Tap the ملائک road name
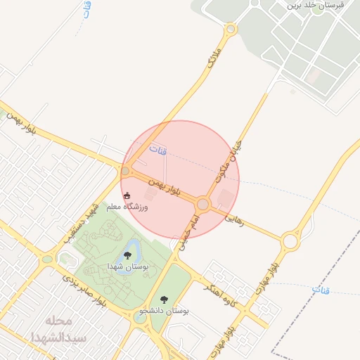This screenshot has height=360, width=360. tap(215, 58)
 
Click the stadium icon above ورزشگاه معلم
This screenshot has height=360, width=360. tap(127, 195)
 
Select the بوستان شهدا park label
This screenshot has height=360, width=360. tap(127, 267)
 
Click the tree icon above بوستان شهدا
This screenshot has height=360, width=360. tap(128, 255)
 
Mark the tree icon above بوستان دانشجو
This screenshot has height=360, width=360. tap(165, 299)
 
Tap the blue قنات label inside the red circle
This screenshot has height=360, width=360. tap(159, 150)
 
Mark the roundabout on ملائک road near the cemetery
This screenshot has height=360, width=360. tap(230, 30)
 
